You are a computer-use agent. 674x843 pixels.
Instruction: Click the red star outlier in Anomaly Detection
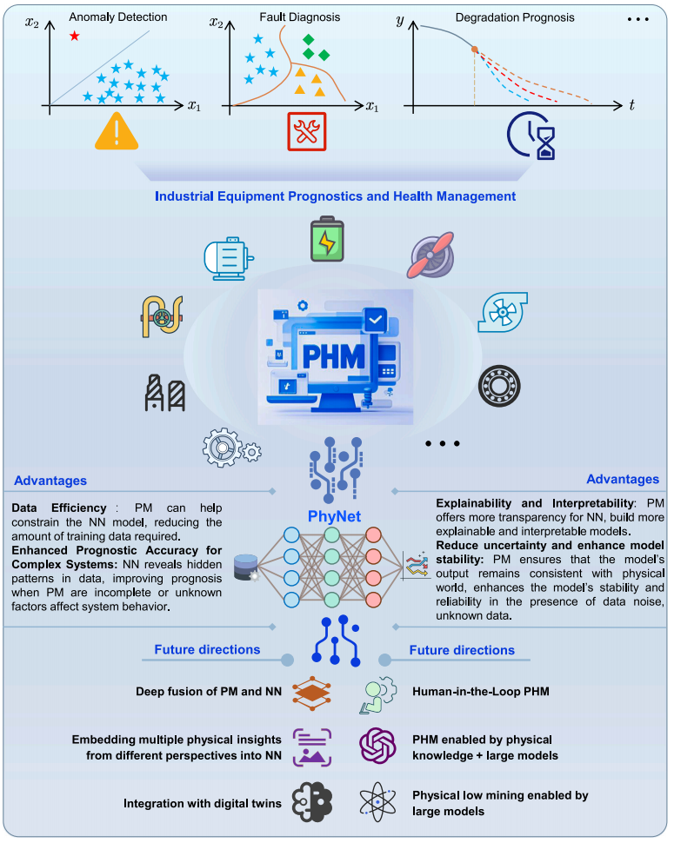[x=74, y=36]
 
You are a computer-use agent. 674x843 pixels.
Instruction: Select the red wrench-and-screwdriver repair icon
[x=307, y=131]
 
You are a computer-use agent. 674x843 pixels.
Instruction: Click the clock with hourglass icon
[x=531, y=136]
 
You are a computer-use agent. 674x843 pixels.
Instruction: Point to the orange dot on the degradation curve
[x=475, y=50]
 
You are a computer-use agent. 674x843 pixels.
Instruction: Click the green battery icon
[x=327, y=240]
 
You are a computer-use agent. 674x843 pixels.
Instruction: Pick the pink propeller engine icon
[x=432, y=255]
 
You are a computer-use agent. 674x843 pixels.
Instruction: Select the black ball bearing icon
[x=499, y=386]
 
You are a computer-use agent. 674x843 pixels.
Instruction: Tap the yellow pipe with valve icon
[x=162, y=316]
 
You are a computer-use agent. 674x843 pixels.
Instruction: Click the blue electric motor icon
[x=229, y=259]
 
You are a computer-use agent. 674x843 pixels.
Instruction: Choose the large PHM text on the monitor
[x=333, y=356]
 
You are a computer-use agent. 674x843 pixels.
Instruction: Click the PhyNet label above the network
[x=334, y=516]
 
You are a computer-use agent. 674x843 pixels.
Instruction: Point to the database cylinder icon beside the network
[x=247, y=568]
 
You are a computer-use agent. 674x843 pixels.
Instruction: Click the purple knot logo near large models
[x=377, y=745]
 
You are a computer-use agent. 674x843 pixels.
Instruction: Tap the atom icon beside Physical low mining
[x=377, y=801]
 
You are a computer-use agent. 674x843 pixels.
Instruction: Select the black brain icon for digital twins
[x=312, y=802]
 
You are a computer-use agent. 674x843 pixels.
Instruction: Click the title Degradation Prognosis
[x=515, y=17]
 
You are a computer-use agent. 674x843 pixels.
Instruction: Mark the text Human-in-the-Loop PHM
[x=481, y=692]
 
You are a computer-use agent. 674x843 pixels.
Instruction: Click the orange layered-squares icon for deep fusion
[x=312, y=693]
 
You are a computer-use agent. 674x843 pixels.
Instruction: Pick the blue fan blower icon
[x=503, y=312]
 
